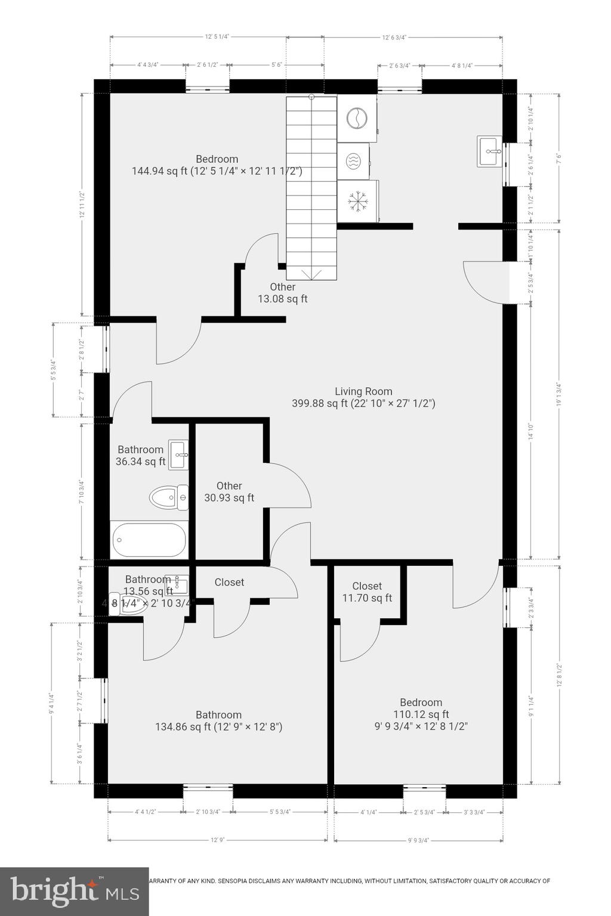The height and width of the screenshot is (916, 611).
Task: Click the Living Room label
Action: coord(363,398)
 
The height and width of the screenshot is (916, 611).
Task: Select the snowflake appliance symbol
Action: coord(357,201)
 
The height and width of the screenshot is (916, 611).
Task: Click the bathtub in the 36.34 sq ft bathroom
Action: coord(149,540)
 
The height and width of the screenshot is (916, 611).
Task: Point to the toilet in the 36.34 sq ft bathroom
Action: coord(168,497)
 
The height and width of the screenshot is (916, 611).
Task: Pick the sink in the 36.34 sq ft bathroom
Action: coord(178,455)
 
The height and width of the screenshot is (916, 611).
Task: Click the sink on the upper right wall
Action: coord(490,151)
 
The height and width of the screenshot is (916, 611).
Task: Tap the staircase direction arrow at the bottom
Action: coord(311,274)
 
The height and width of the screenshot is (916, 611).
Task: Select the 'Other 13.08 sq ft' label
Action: coord(282,293)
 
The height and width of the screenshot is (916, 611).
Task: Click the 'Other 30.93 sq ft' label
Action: coord(229,492)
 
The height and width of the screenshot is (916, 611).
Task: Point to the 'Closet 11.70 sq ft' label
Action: coord(367,592)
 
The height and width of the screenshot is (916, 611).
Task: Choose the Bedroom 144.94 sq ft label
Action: coord(217,165)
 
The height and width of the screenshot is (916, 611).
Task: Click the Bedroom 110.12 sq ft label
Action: coord(421,714)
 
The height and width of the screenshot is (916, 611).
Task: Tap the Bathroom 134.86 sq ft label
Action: coord(218,721)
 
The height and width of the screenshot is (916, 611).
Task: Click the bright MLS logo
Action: coord(74,892)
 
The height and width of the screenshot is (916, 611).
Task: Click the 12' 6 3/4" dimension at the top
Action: coord(394,37)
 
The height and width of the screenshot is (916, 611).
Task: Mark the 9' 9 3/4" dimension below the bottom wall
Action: coord(418,840)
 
